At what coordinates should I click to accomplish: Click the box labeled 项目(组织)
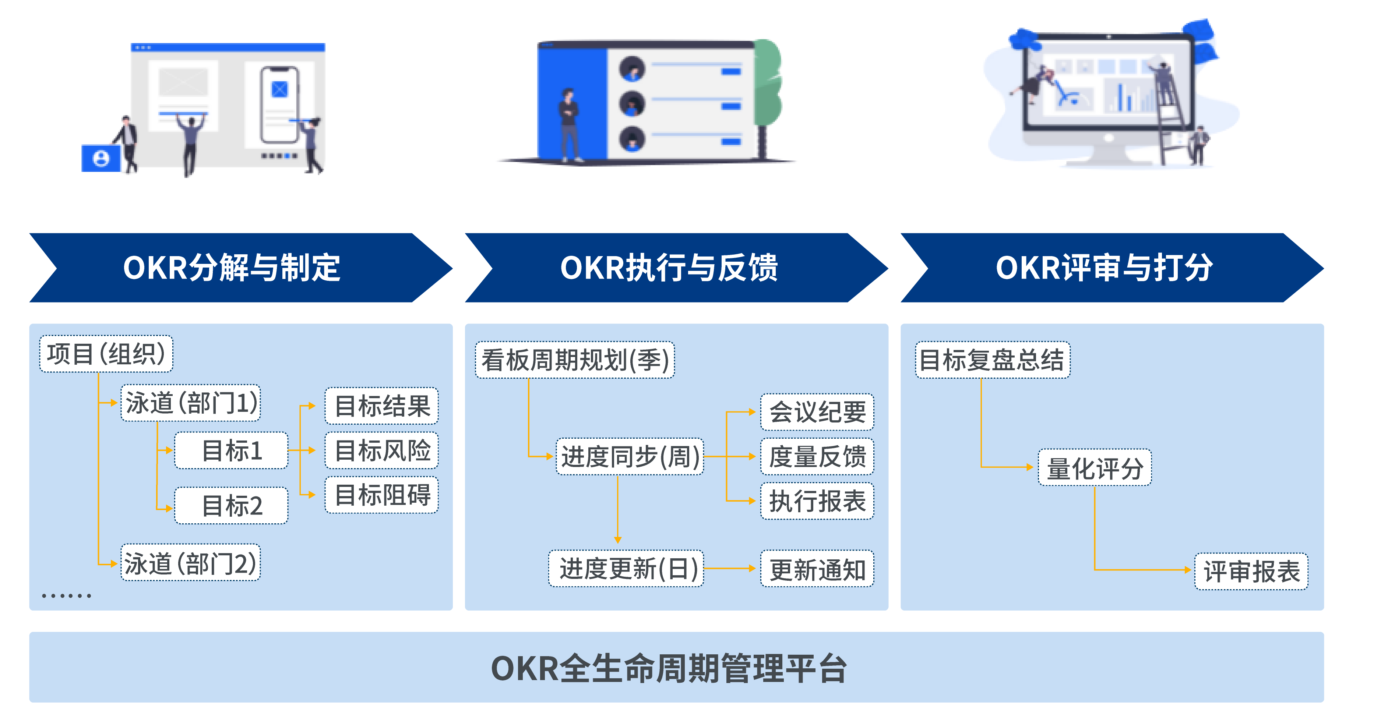point(106,354)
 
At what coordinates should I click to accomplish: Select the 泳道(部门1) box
point(191,403)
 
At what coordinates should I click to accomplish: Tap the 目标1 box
point(231,450)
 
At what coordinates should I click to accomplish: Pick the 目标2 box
point(231,506)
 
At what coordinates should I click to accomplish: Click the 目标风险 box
point(382,450)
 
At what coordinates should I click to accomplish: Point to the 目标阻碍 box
point(382,495)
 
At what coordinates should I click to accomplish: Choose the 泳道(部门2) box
point(191,563)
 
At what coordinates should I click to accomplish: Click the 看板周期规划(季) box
point(575,360)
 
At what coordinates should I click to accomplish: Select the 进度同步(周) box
point(630,456)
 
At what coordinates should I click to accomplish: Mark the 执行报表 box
point(817,501)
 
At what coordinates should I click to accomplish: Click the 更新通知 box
point(817,569)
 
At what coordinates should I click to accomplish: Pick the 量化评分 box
point(1095,468)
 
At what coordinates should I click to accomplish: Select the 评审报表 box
point(1251,571)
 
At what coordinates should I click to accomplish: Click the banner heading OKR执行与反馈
point(669,268)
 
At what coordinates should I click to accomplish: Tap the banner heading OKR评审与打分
point(1105,268)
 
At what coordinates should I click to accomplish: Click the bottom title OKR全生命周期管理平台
point(669,668)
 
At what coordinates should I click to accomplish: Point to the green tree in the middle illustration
point(768,86)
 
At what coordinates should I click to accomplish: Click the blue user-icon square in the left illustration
point(101,159)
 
